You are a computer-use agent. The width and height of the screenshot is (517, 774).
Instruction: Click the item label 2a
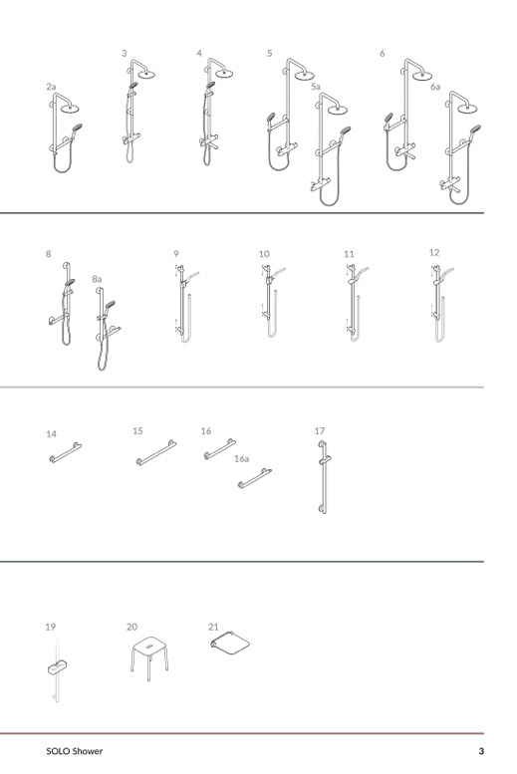coord(52,87)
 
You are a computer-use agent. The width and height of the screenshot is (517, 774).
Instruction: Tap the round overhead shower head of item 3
coord(146,75)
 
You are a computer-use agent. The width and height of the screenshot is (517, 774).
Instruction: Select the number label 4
coord(199,53)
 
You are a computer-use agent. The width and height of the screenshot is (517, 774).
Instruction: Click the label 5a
coord(316,87)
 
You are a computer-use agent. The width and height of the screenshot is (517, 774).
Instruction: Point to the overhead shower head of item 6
coord(422,76)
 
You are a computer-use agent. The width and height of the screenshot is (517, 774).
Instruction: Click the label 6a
coord(435,87)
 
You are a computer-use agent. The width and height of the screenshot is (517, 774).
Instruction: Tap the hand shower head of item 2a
coord(77,128)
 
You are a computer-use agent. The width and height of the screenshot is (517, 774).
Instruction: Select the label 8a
coord(97,279)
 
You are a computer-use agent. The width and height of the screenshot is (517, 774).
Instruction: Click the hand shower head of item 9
coord(191,276)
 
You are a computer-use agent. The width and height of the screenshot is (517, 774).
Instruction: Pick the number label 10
coord(264,254)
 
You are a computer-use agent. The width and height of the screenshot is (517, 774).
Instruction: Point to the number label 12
coord(434,252)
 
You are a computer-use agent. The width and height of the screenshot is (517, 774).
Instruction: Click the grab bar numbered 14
coord(65,452)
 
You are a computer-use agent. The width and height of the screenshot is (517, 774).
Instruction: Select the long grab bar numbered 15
coord(156,452)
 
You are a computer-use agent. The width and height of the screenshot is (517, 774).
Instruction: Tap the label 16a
coord(241,459)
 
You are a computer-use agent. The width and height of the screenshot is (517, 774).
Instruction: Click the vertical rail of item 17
coord(323,477)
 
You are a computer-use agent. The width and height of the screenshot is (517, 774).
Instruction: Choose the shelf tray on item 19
coord(58,666)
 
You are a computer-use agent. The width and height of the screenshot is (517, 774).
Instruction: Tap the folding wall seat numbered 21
coord(230,643)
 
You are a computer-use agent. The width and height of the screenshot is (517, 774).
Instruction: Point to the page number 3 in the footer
coord(481,751)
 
